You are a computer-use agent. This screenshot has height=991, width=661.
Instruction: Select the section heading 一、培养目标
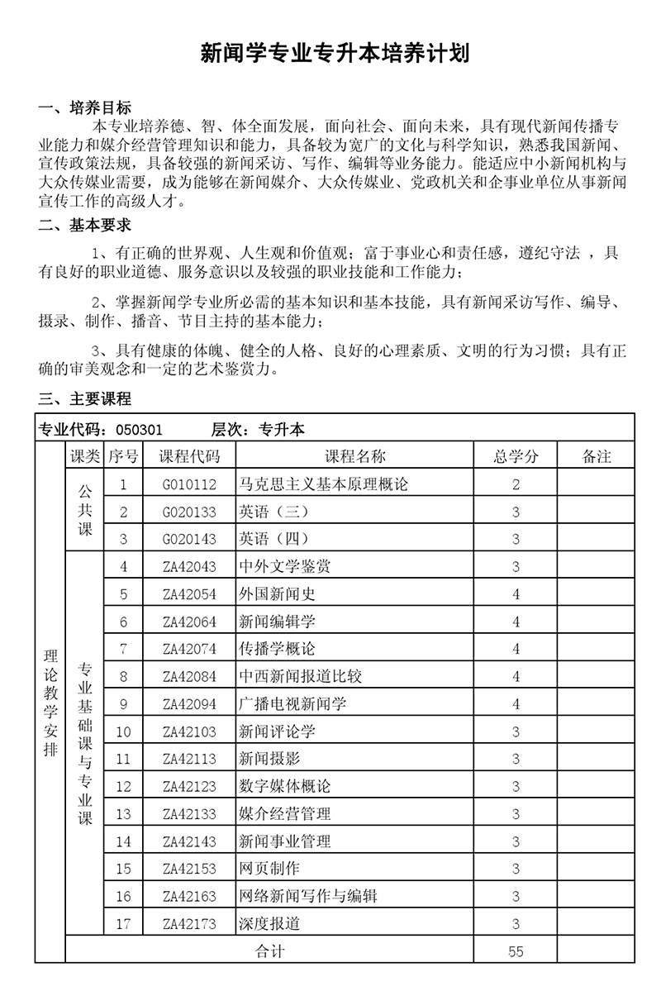(85, 108)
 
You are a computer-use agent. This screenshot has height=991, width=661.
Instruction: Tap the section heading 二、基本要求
(85, 225)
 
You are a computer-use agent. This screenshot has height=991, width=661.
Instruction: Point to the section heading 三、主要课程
(85, 399)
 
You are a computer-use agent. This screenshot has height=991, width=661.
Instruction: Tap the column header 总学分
(516, 457)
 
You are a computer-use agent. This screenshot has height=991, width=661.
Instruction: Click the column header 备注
(597, 457)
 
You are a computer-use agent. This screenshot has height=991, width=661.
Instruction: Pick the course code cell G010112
(190, 484)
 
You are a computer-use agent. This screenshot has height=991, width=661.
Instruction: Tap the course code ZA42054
(190, 594)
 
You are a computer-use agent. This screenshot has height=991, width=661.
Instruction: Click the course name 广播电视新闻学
(292, 704)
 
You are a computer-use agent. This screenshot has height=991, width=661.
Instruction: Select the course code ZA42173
(190, 923)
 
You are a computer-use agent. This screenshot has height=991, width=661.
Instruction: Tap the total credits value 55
(516, 951)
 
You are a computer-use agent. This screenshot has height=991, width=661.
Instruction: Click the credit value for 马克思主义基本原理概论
(516, 484)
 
